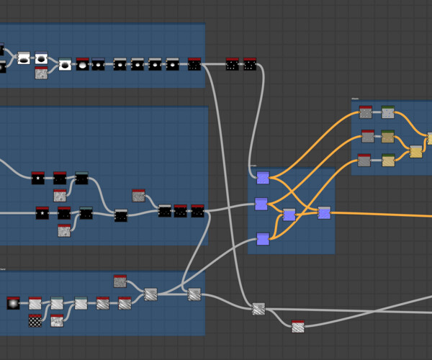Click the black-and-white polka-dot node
[35, 321]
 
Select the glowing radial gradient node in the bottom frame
[13, 303]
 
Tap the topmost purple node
[263, 178]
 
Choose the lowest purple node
[263, 239]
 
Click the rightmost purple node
[324, 212]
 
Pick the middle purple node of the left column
[261, 204]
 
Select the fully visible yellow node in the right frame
[416, 151]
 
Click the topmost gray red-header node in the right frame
[366, 112]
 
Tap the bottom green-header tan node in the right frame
[388, 160]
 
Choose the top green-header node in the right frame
[388, 112]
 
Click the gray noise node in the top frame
[41, 73]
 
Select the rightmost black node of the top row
[250, 64]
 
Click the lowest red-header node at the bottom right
[298, 327]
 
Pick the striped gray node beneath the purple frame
[258, 309]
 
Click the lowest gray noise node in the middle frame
[64, 230]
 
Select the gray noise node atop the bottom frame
[120, 281]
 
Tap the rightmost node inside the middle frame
[197, 211]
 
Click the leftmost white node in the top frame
[24, 58]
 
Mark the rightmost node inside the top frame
[194, 64]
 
